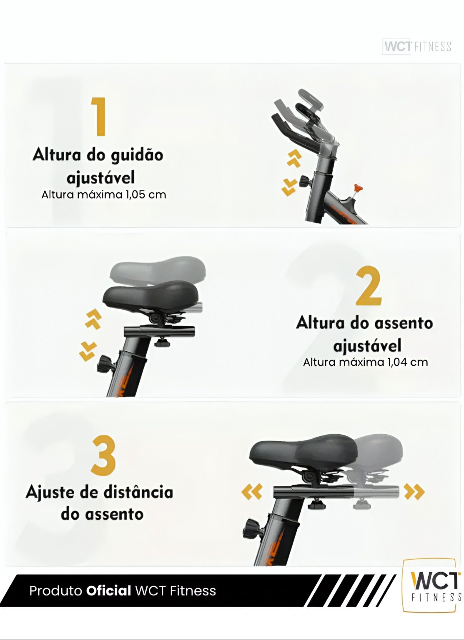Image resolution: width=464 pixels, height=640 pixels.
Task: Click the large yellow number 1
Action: coord(99,116)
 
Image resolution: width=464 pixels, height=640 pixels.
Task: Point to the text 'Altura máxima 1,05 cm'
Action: coord(104,195)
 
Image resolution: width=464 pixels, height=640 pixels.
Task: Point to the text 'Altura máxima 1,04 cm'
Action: coord(365,362)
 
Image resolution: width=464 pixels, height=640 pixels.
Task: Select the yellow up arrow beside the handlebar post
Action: coord(294,158)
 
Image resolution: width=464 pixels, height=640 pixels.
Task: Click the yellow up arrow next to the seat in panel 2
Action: coord(93,319)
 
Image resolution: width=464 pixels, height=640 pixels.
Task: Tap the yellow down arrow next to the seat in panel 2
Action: coord(88,351)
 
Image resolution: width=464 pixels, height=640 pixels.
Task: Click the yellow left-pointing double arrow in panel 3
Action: coord(251,491)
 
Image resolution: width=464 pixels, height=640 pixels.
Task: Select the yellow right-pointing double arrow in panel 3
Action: coord(414,491)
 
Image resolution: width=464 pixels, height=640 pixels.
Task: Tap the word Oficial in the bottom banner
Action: coord(108,591)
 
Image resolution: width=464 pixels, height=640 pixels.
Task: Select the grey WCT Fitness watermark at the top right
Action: coord(417,47)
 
